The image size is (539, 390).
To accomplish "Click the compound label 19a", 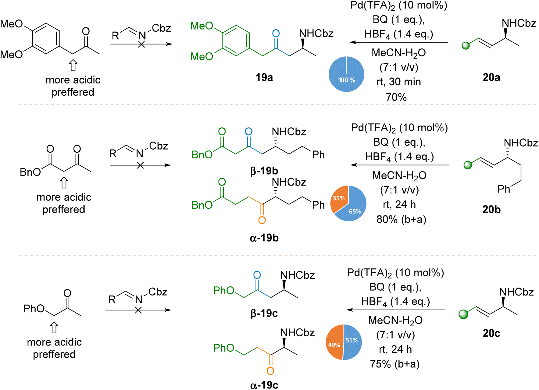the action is click(x=264, y=77).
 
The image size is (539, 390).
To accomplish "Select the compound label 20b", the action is click(x=491, y=209).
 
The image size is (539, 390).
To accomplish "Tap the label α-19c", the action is click(x=264, y=385).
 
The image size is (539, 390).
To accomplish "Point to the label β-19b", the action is click(x=264, y=171).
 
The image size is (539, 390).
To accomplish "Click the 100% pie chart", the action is click(x=347, y=74).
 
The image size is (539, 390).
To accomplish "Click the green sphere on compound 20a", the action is click(x=466, y=46).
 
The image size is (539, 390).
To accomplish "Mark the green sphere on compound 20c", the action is click(x=463, y=314).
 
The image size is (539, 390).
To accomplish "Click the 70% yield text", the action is click(x=396, y=97).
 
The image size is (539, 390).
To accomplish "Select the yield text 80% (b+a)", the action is click(x=401, y=219).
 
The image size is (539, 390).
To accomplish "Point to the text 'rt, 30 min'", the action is click(x=399, y=82).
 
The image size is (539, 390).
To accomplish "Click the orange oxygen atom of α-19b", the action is click(x=262, y=220).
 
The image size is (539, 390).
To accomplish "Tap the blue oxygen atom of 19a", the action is click(x=276, y=34).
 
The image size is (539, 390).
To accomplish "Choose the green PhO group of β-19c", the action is click(x=224, y=290).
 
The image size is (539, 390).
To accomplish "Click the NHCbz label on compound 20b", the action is click(x=521, y=143).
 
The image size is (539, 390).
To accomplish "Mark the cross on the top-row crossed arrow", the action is click(x=141, y=44).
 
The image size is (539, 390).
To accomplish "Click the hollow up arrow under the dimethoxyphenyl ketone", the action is click(x=73, y=65).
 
